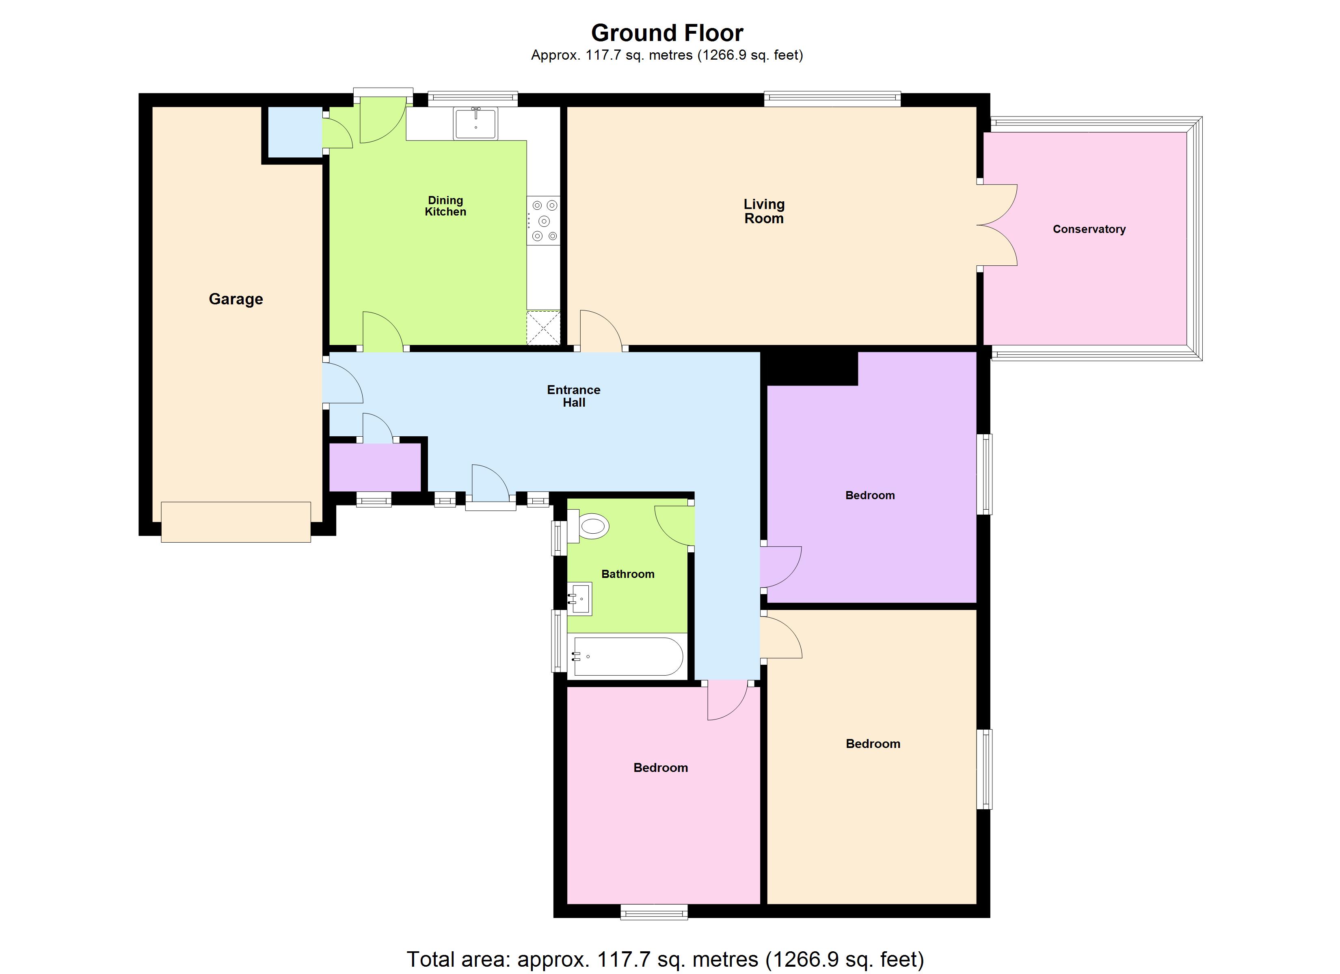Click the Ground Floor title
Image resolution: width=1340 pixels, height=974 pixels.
tap(667, 33)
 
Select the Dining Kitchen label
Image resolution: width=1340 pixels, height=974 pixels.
tap(445, 206)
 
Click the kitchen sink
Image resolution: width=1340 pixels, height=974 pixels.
tap(475, 123)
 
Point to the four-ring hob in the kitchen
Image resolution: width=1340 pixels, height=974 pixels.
tap(544, 220)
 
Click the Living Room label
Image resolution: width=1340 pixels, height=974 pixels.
tap(764, 211)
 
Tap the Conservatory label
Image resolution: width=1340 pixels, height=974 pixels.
tap(1089, 229)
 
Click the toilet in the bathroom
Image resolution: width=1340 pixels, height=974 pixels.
tap(591, 526)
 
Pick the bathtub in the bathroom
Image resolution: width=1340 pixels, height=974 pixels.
tap(627, 656)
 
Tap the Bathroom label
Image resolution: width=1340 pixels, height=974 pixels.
tap(627, 574)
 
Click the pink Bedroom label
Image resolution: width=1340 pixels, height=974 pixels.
tap(661, 768)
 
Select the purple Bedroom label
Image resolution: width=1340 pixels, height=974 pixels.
tap(870, 496)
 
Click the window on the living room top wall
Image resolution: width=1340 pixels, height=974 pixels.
tap(832, 99)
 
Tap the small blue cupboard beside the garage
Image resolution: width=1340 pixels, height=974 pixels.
tap(295, 132)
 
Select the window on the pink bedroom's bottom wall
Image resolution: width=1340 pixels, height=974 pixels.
tap(654, 913)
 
